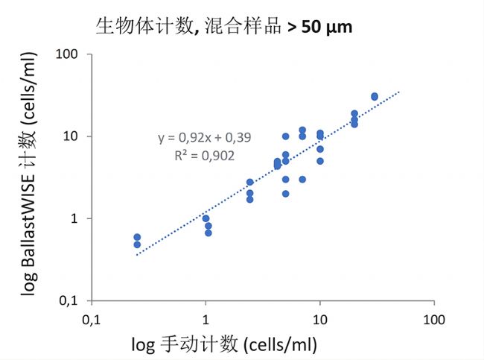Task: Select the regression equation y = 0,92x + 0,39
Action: click(x=197, y=138)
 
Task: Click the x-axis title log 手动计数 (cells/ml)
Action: click(x=224, y=344)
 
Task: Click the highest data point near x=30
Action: click(x=375, y=96)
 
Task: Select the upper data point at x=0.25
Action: click(x=137, y=237)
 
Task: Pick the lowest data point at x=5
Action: click(x=285, y=194)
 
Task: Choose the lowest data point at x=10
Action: click(x=320, y=161)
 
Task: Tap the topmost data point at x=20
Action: click(x=354, y=114)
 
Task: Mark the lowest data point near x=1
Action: click(x=208, y=233)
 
